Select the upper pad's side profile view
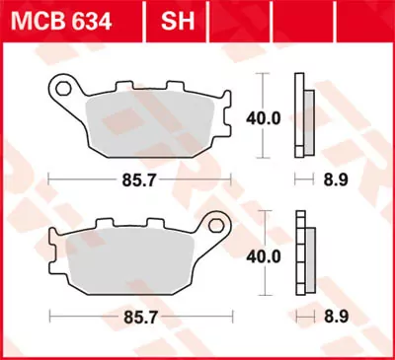click(306, 116)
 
